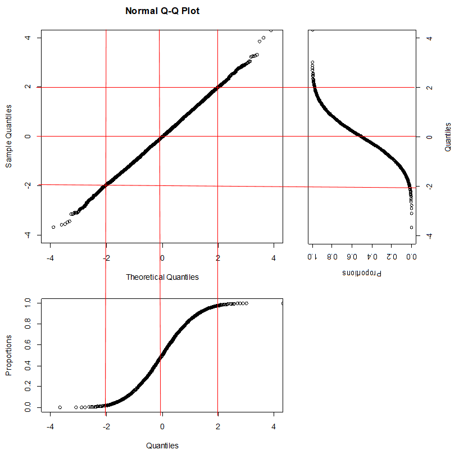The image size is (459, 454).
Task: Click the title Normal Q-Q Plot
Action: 162,11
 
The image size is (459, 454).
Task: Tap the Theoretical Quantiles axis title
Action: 162,277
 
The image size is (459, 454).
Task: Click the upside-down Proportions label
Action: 362,273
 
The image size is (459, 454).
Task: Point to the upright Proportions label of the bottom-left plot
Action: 9,355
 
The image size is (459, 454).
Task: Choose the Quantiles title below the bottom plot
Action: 162,446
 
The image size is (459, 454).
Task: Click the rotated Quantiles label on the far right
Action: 448,137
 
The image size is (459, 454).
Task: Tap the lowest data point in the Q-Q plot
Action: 53,227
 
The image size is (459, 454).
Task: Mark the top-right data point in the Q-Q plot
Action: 271,30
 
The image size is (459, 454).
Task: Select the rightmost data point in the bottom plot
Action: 282,303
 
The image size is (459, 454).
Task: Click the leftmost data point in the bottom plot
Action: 60,407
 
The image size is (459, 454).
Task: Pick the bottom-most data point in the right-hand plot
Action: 412,227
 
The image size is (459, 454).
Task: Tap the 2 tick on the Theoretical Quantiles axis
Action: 218,258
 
